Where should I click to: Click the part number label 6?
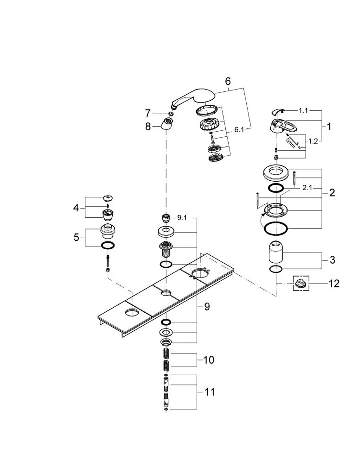coord(228,81)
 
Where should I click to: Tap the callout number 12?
coord(334,283)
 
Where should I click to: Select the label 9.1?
coord(182,218)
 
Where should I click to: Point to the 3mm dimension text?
coord(290,143)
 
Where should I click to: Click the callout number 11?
coord(210,392)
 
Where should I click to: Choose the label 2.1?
coord(307,188)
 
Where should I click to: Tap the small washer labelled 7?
coord(171,114)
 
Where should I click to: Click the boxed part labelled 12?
coord(301,283)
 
